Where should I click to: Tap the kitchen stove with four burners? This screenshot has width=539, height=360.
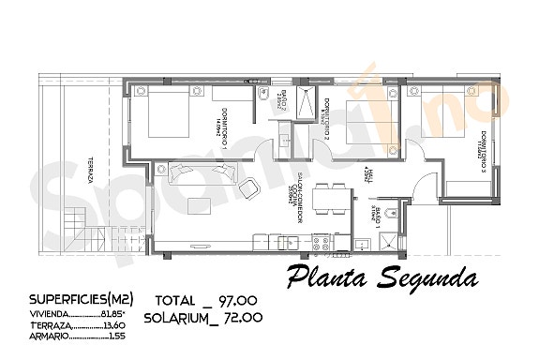click(322, 243)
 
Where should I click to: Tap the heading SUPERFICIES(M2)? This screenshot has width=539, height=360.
click(81, 299)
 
